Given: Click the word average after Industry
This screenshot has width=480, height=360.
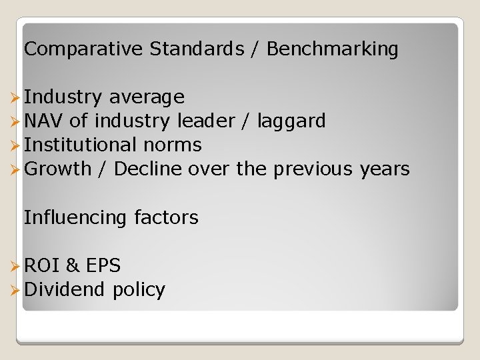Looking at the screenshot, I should [147, 97].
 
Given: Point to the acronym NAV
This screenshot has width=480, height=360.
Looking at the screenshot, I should [43, 121].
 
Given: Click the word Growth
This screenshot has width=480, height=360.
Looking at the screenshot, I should [57, 169].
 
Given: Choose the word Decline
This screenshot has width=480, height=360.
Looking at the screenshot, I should [148, 169].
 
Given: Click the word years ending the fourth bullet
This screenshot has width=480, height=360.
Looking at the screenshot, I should [385, 169].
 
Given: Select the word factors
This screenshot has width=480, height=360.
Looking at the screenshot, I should [166, 218].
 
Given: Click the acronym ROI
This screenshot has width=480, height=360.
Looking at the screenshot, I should [41, 266].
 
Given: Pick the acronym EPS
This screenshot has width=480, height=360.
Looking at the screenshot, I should [103, 266].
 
